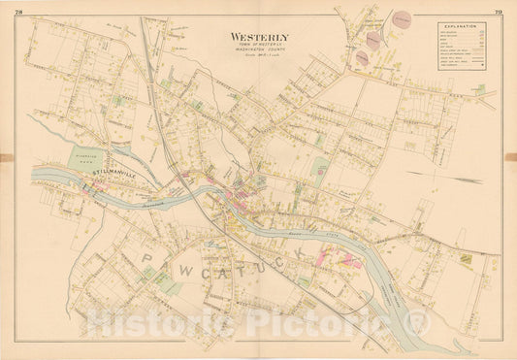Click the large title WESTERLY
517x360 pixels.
tap(259, 38)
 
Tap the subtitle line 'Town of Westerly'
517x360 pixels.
tap(259, 47)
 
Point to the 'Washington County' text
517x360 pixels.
tap(259, 52)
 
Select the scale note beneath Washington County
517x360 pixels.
tap(259, 59)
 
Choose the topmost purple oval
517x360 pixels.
tap(401, 18)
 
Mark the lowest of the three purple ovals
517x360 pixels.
tap(362, 58)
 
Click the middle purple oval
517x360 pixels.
tap(373, 40)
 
